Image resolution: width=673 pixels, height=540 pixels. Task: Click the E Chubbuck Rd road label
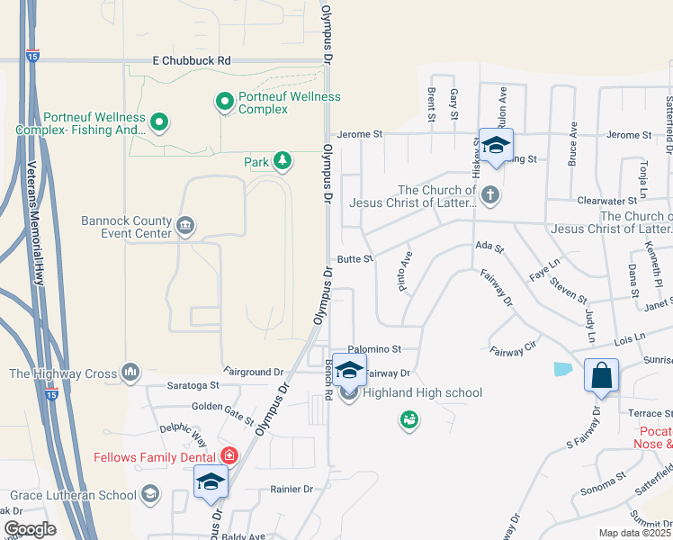(191, 60)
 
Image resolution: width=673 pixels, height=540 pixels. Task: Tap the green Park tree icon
(283, 161)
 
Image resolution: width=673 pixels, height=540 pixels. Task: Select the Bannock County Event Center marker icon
(185, 225)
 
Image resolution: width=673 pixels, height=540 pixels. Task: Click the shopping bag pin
(600, 374)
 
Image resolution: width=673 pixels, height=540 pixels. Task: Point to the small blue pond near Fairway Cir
(563, 368)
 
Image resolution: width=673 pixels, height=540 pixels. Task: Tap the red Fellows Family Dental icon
(229, 456)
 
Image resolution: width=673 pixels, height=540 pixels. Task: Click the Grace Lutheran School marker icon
(149, 493)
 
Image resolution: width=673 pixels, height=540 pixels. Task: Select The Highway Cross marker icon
(131, 372)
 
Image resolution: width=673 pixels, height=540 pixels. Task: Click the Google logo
(29, 528)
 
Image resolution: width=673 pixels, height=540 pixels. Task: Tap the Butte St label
(355, 258)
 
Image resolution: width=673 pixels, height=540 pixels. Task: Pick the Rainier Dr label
(291, 490)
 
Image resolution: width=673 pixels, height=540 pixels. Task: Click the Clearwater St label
(600, 202)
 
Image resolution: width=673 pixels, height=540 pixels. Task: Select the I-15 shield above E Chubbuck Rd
(33, 54)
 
